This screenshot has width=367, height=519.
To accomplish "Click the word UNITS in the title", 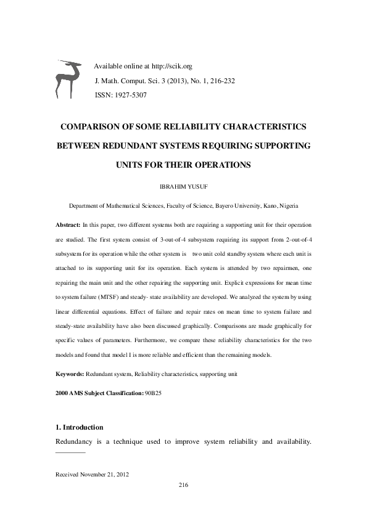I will tap(130, 165).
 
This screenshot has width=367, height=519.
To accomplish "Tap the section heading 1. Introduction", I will tap(79, 427).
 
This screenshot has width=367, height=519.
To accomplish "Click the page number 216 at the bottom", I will tap(183, 485).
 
